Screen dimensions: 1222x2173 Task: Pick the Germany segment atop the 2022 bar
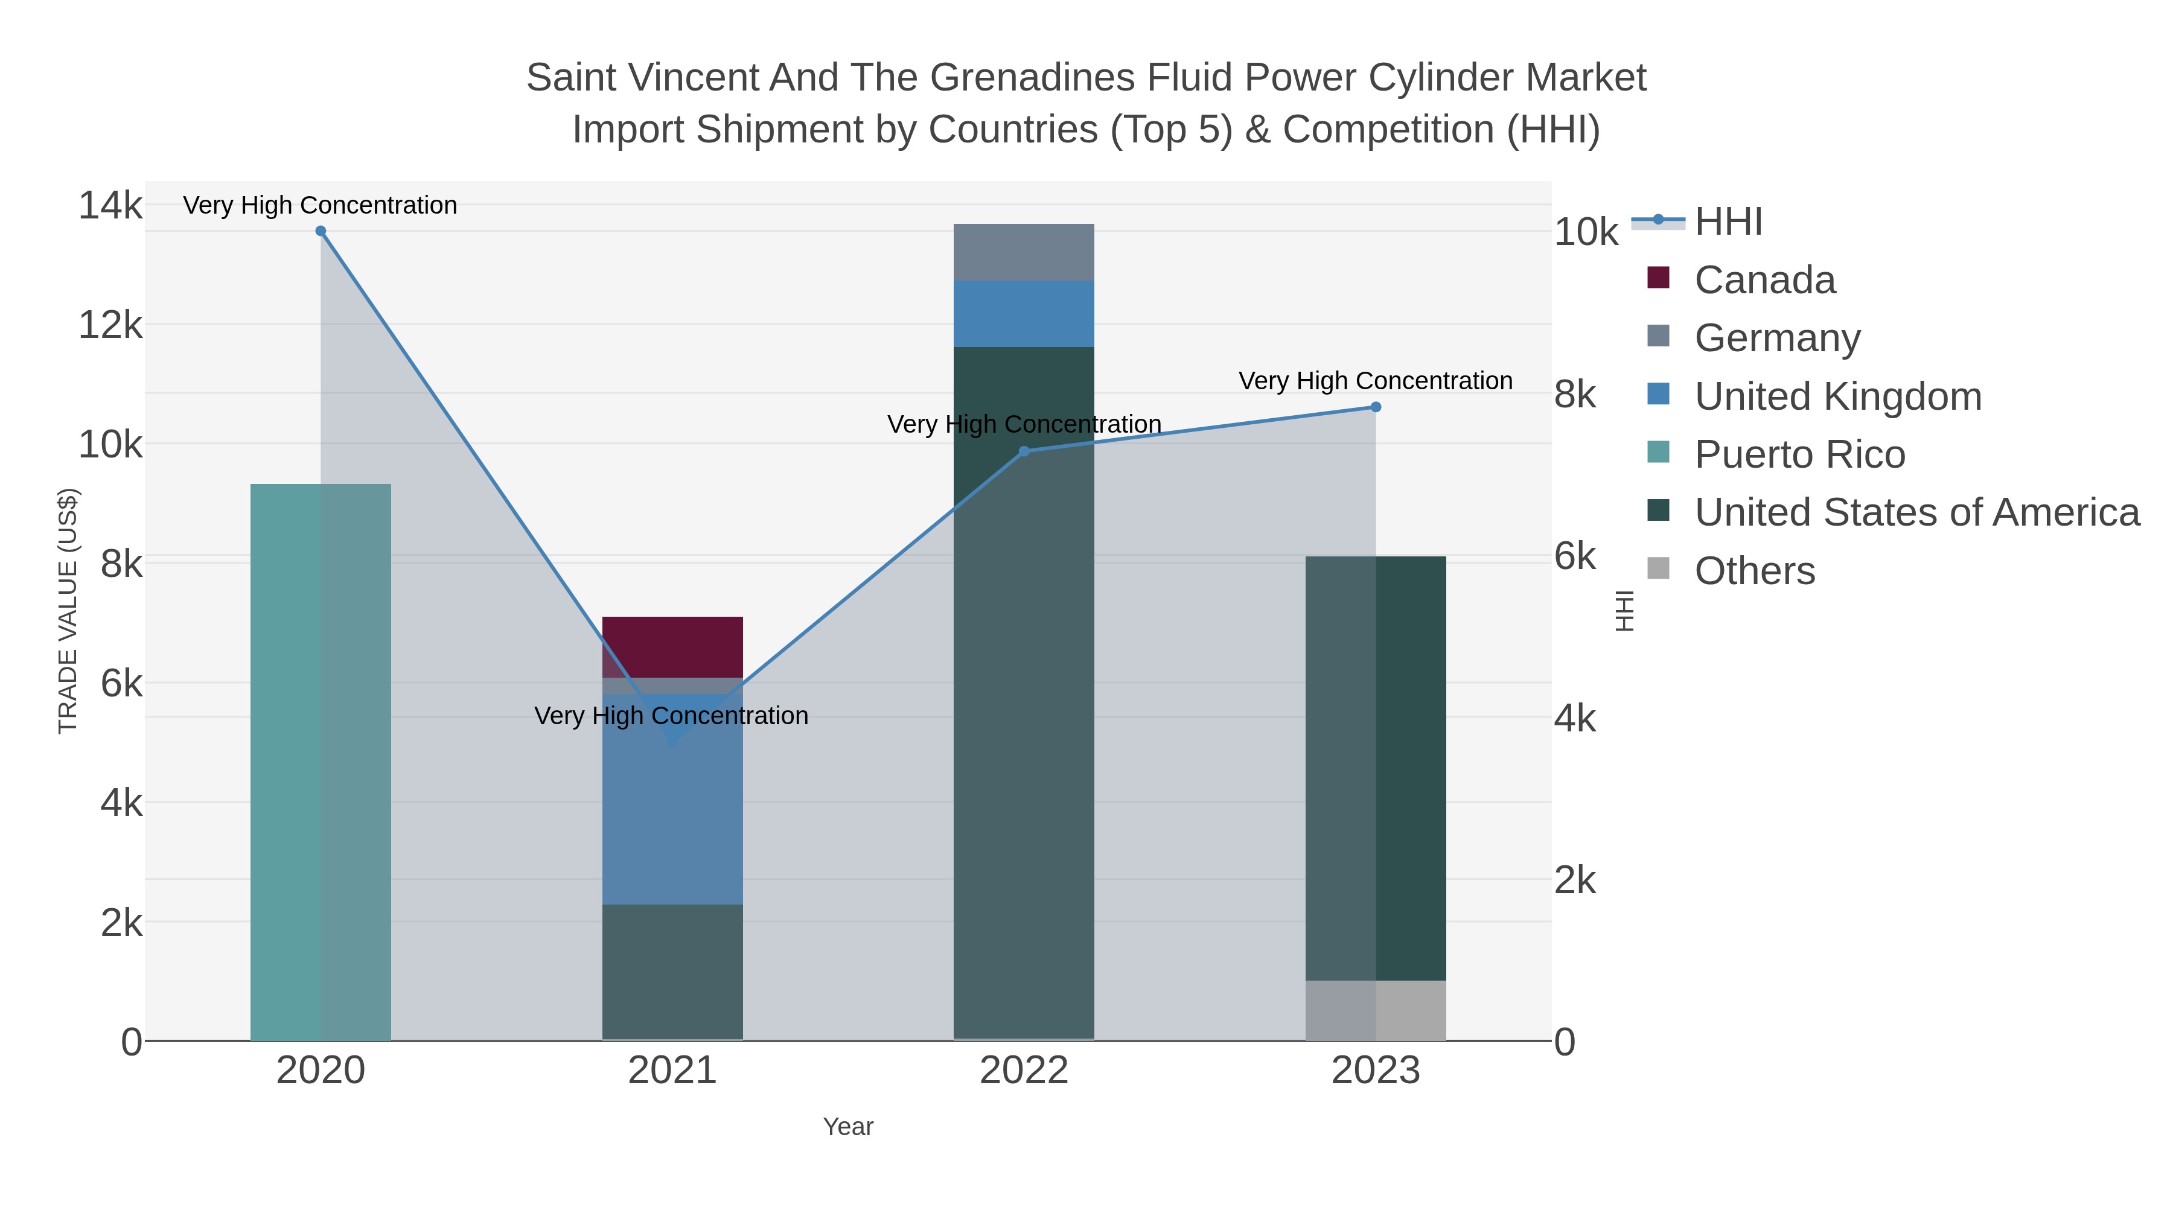1023,252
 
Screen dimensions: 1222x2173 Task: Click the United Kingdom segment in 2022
1023,314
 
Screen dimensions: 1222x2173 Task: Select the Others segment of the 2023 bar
1375,1010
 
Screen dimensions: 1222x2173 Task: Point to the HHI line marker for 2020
321,231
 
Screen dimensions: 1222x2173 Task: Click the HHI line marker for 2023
1375,407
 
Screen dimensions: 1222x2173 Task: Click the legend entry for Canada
1764,280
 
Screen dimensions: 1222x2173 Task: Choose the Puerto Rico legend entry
1799,454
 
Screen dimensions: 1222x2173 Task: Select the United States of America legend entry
1916,513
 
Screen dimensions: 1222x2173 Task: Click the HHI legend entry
1728,222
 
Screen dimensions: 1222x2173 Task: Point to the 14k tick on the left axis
110,206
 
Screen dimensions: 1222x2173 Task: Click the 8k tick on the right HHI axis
1575,395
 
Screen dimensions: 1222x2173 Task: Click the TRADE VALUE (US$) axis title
68,611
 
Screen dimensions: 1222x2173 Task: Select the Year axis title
848,1127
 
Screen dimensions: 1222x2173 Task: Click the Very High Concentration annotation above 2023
1375,381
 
